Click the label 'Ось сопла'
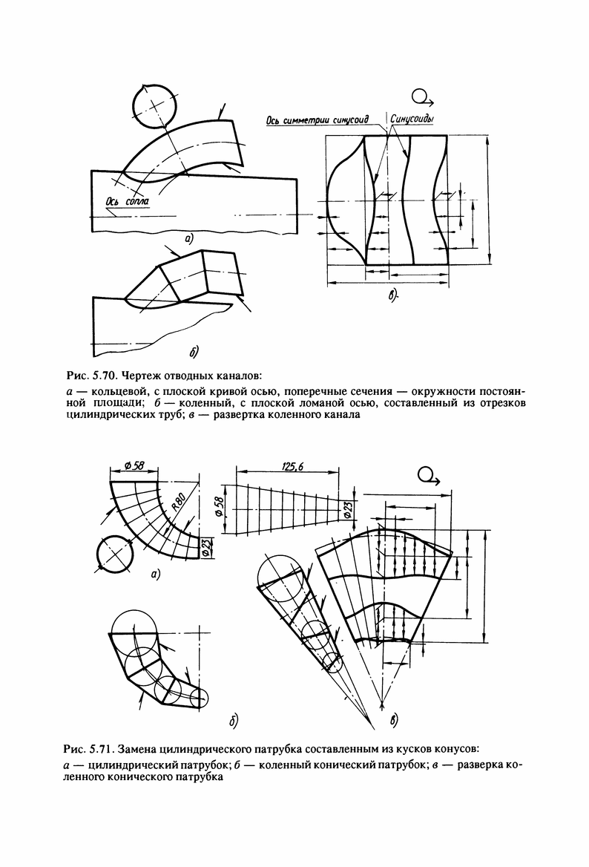click(x=128, y=202)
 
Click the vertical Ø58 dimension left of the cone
click(x=218, y=507)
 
